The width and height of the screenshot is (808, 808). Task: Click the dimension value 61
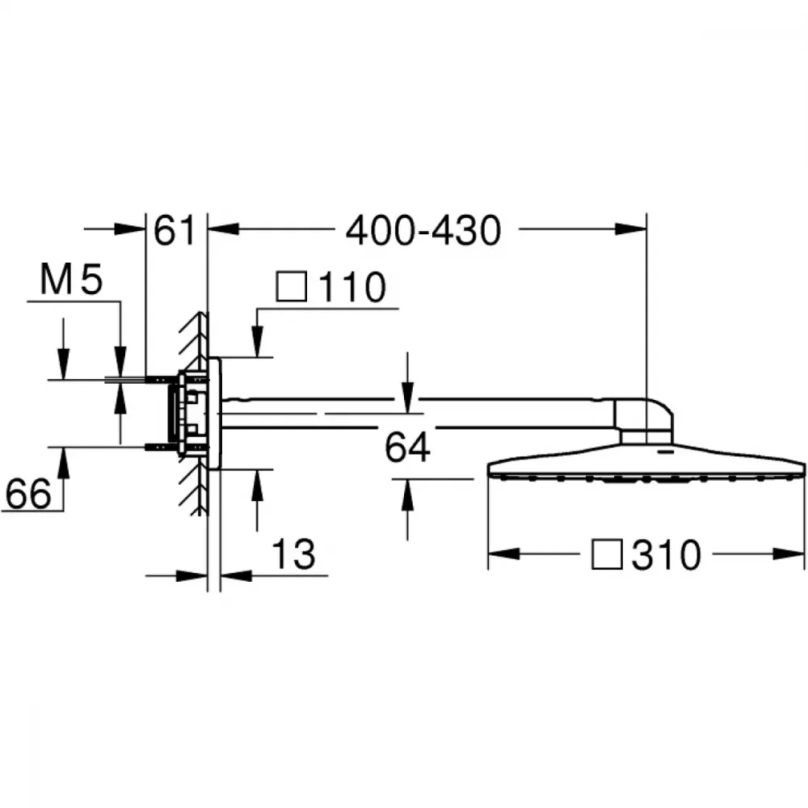pos(175,230)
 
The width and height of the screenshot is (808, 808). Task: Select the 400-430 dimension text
pos(423,231)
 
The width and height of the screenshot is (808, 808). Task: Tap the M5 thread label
pos(72,280)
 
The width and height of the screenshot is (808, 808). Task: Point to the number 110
pos(352,287)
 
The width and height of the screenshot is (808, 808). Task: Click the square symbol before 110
pos(292,287)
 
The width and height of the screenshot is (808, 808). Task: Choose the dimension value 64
pos(407,448)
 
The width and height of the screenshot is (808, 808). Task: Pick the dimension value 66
pos(28,493)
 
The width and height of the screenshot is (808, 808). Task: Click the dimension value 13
pos(293,554)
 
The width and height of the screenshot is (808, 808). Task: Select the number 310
pos(667,554)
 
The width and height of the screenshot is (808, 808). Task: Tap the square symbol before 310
pos(607,554)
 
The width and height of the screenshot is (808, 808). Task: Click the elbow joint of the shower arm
pos(644,420)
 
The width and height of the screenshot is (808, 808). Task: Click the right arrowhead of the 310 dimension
pos(789,554)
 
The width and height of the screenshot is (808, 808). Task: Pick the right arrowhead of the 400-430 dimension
pos(630,229)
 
